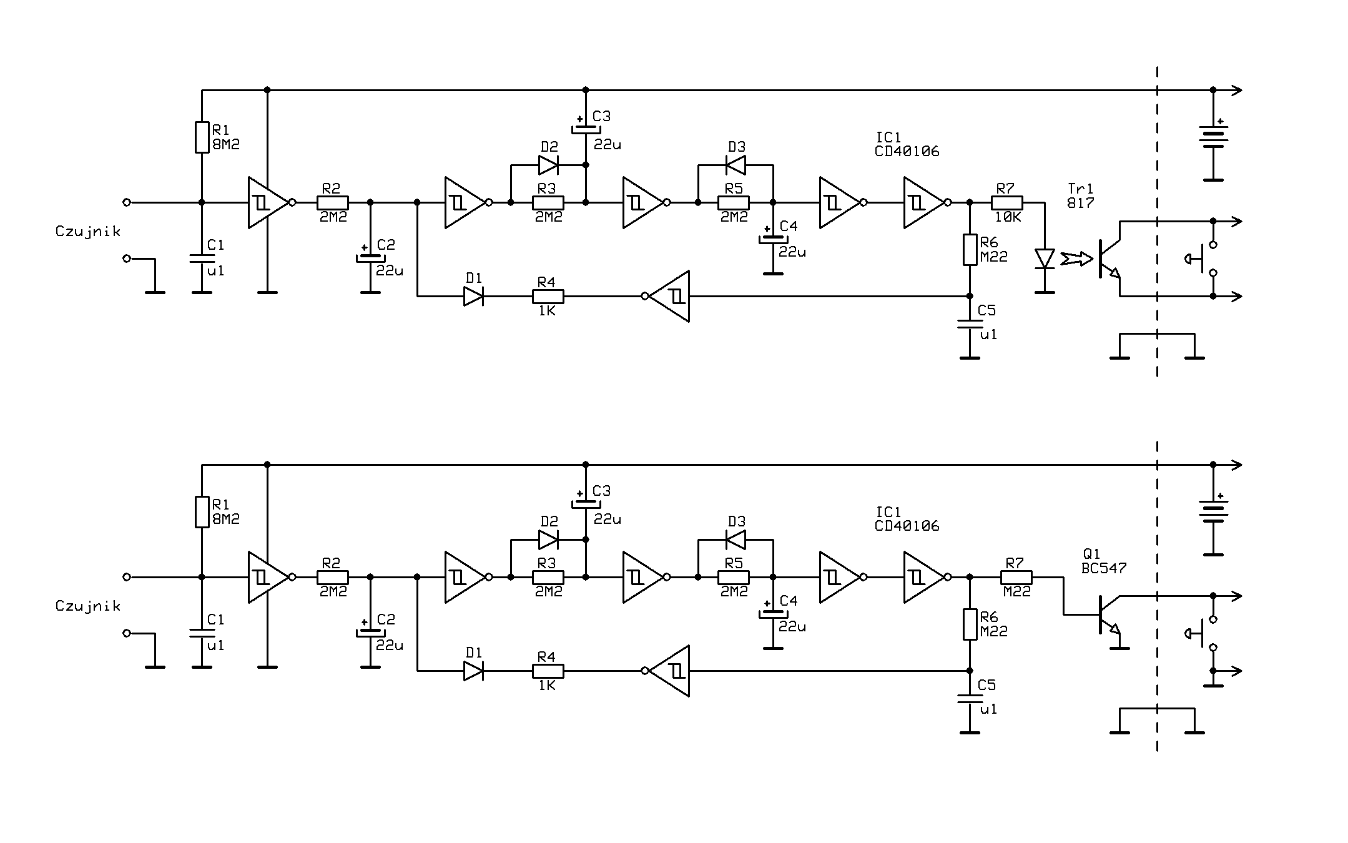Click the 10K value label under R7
point(1008,217)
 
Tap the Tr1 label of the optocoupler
point(1081,189)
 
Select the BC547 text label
point(1105,568)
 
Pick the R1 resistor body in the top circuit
point(202,137)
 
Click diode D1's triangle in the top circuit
point(473,296)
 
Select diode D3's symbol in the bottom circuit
point(735,540)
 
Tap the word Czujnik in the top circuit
point(87,232)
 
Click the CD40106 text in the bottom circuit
point(907,526)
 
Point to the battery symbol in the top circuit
point(1213,137)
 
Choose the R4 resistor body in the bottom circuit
point(548,671)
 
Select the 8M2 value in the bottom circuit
point(226,519)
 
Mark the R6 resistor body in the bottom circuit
point(970,624)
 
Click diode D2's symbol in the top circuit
point(548,165)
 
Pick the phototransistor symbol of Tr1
point(1109,259)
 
